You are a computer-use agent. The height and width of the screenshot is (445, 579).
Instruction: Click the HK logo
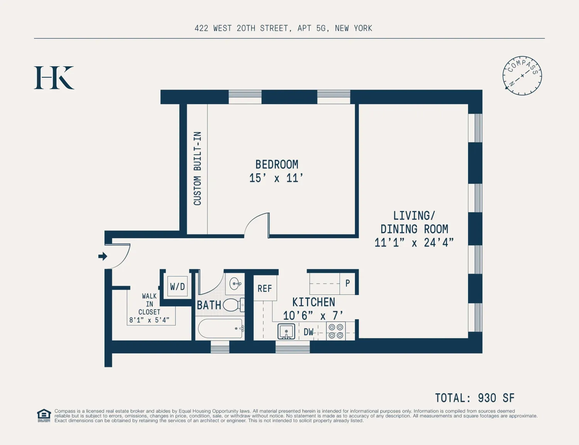[x=54, y=78]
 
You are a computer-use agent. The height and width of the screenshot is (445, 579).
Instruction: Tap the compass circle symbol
[x=522, y=76]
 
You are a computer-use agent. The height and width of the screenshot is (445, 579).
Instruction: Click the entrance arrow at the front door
[x=103, y=256]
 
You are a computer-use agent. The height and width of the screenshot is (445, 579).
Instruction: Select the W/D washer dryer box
[x=178, y=286]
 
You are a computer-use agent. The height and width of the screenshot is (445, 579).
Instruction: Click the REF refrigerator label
[x=264, y=288]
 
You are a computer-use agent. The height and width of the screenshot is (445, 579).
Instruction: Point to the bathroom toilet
[x=234, y=305]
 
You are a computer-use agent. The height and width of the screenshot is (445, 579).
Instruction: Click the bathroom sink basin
[x=235, y=284]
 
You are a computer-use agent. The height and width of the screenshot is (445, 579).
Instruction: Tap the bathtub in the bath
[x=221, y=328]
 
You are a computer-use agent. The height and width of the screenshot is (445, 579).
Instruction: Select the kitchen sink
[x=286, y=332]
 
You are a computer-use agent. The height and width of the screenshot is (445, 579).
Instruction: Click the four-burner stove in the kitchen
[x=336, y=331]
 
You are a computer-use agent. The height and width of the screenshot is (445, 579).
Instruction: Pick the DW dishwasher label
[x=308, y=332]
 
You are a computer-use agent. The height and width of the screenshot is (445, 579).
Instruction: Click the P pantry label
[x=347, y=283]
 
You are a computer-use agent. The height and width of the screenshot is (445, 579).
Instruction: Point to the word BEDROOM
[x=277, y=164]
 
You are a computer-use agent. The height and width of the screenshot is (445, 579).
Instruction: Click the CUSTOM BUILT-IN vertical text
[x=197, y=169]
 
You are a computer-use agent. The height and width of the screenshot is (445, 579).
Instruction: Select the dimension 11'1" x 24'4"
[x=414, y=243]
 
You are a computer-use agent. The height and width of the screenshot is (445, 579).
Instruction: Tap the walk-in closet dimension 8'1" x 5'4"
[x=149, y=320]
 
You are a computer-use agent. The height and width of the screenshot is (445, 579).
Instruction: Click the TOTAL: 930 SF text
[x=475, y=398]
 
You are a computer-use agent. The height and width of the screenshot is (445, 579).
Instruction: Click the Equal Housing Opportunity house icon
[x=44, y=415]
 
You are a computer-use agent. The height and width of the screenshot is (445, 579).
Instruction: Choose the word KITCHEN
[x=313, y=302]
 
